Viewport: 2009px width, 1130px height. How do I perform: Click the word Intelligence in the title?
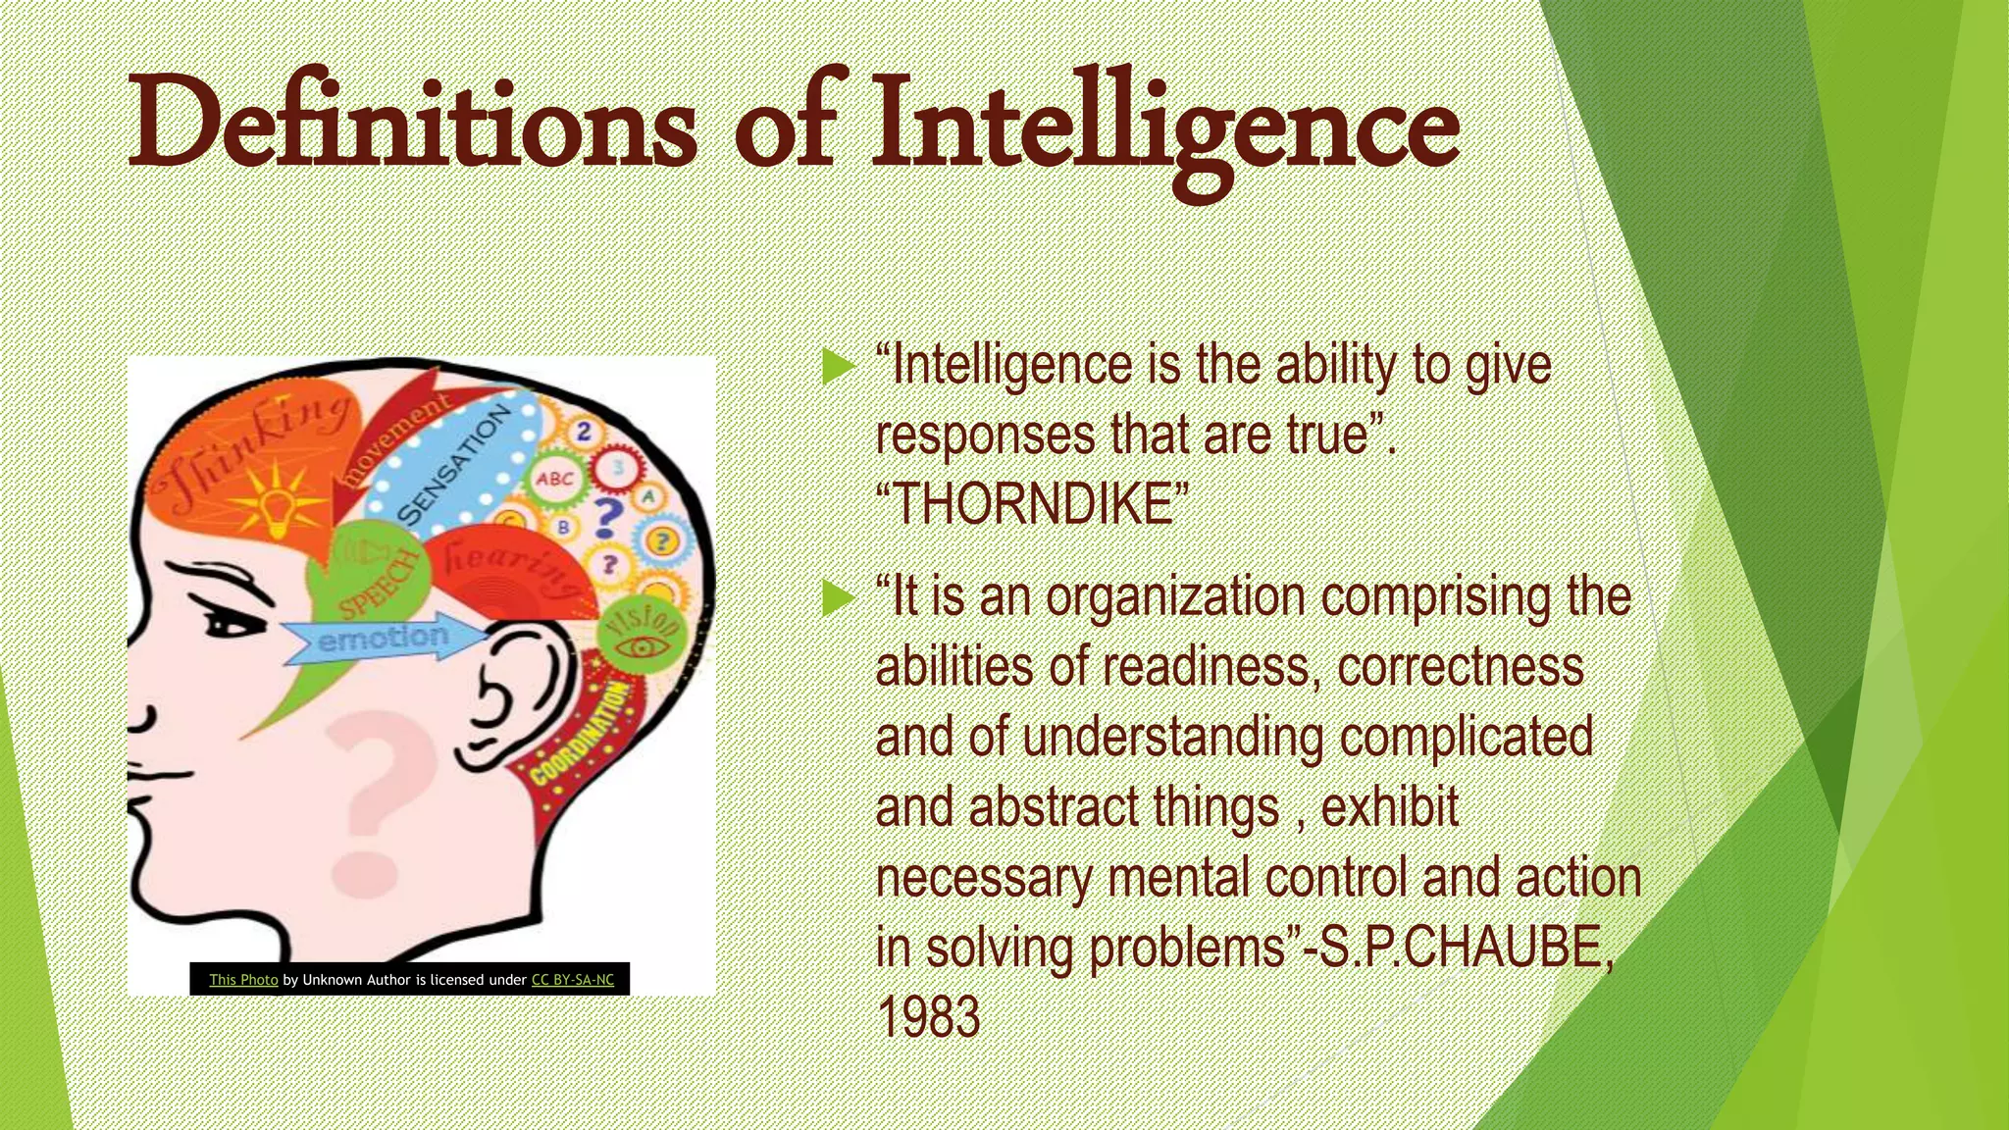1164,128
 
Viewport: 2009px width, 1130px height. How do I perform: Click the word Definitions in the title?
412,128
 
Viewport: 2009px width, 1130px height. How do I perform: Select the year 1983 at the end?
928,1016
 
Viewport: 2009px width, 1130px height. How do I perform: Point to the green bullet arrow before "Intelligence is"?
839,367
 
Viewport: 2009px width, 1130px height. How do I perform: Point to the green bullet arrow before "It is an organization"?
839,598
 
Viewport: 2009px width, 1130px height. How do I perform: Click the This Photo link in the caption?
243,979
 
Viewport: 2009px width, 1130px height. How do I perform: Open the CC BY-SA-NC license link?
573,979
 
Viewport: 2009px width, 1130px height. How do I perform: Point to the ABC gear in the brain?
554,479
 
